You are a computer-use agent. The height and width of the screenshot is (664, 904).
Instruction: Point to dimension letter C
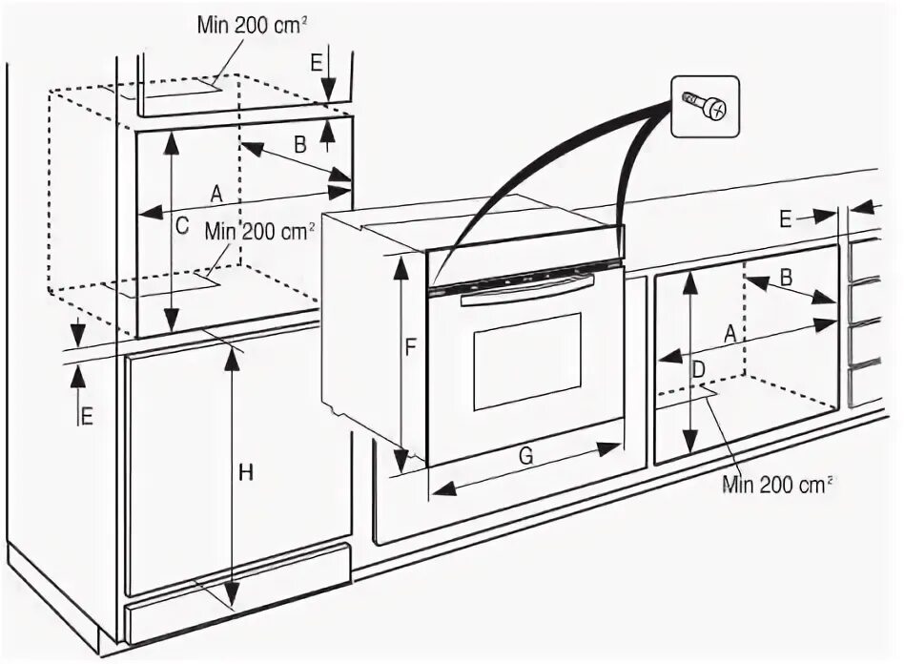click(x=181, y=226)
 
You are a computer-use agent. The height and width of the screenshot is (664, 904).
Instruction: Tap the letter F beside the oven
click(x=410, y=348)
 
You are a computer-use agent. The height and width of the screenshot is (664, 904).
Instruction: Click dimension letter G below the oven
click(x=525, y=456)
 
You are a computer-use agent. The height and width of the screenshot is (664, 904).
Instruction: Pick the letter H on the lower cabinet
click(x=246, y=473)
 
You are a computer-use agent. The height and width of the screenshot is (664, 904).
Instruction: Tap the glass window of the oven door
click(x=526, y=361)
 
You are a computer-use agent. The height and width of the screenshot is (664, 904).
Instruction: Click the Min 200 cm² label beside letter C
click(x=258, y=231)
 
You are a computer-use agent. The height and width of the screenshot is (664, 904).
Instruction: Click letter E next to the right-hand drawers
click(x=785, y=219)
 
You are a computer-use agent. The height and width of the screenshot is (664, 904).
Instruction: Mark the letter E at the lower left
click(x=87, y=416)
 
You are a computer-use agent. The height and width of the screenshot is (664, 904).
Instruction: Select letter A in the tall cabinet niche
click(x=216, y=193)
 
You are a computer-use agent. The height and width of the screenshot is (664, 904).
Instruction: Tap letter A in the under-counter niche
click(x=729, y=334)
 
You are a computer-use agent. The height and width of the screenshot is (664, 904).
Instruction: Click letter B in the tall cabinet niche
click(x=298, y=145)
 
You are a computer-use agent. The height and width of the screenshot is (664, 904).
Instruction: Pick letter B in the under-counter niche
click(x=787, y=277)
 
